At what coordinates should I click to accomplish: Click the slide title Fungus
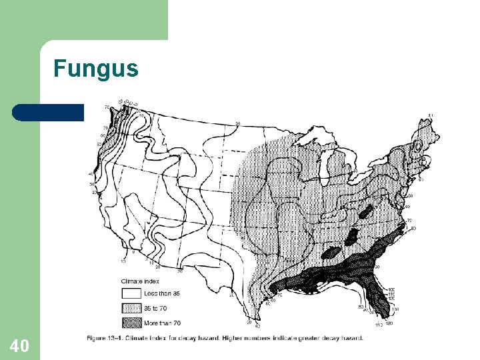pyautogui.click(x=96, y=69)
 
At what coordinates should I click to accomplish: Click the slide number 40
pyautogui.click(x=19, y=345)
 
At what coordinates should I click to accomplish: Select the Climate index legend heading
pyautogui.click(x=143, y=282)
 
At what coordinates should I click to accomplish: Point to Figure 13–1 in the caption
pyautogui.click(x=107, y=339)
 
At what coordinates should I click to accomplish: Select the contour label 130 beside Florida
pyautogui.click(x=396, y=309)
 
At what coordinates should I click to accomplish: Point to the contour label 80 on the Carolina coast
pyautogui.click(x=413, y=229)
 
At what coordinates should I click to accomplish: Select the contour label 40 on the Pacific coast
pyautogui.click(x=91, y=175)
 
